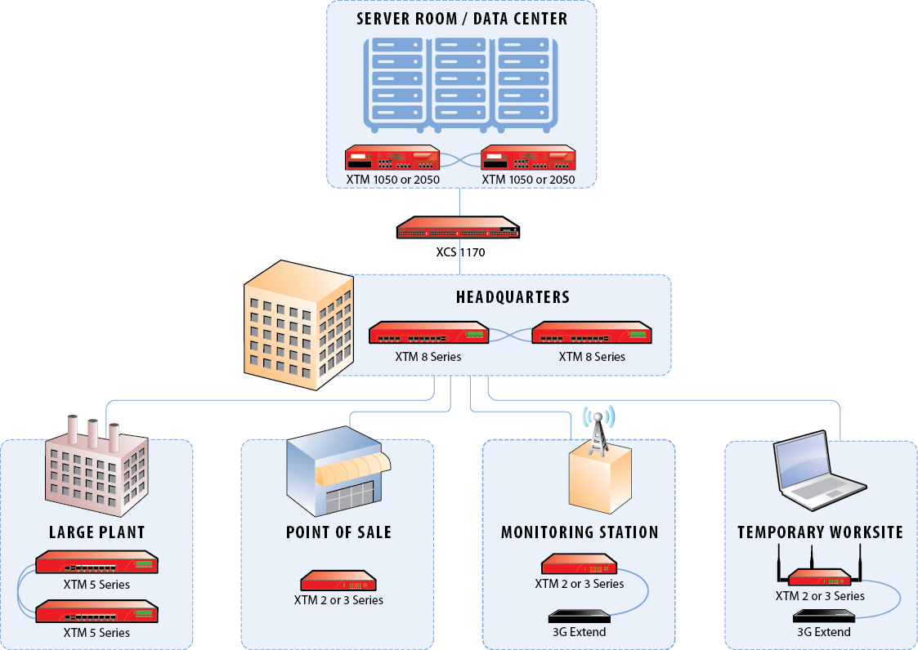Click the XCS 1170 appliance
459,229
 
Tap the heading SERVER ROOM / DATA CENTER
462,18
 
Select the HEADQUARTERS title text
513,296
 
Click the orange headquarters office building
298,326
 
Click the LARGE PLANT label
96,532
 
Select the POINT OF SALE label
338,532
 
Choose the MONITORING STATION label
580,532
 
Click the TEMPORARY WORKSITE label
820,532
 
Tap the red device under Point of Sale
338,581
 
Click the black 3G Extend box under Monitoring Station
580,617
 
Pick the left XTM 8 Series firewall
428,334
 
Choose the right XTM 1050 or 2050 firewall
529,158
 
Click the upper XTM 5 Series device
96,563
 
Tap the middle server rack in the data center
461,82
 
